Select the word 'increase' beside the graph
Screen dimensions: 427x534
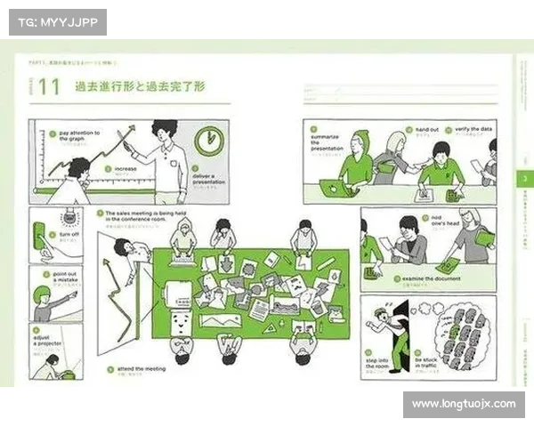pyautogui.click(x=125, y=167)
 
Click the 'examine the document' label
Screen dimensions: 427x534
pyautogui.click(x=432, y=279)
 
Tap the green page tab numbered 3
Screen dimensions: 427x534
pyautogui.click(x=524, y=178)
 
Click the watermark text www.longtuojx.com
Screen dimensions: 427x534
pyautogui.click(x=463, y=404)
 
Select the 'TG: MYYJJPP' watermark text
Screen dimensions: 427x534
pyautogui.click(x=56, y=22)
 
